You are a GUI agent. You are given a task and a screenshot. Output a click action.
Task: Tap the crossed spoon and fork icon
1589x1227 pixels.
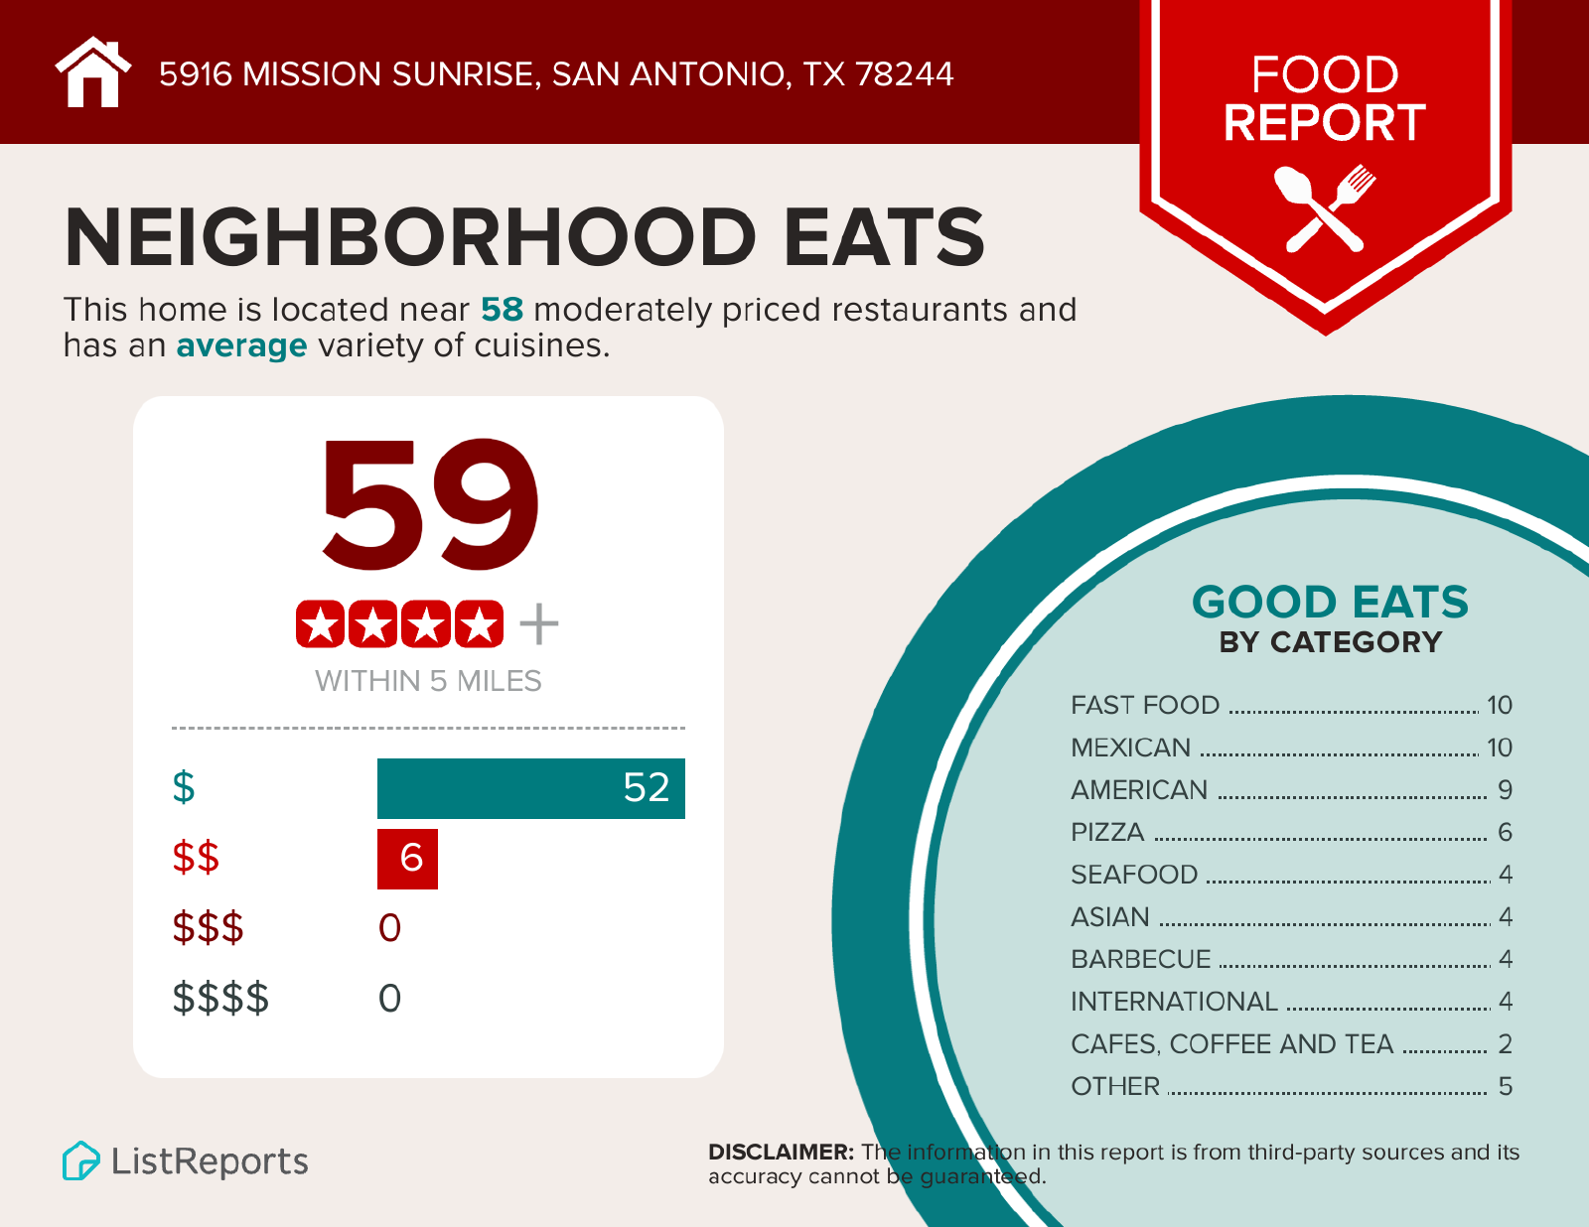pyautogui.click(x=1325, y=207)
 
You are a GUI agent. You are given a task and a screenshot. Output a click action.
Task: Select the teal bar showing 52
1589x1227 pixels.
pyautogui.click(x=530, y=788)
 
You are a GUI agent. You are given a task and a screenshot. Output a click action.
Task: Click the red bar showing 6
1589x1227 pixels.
pyautogui.click(x=407, y=858)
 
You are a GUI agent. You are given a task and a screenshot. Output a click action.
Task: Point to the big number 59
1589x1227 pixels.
pyautogui.click(x=429, y=505)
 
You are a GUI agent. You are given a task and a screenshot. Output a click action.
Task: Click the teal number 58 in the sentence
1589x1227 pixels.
pyautogui.click(x=502, y=310)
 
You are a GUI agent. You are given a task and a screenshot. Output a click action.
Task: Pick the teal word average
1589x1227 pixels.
pyautogui.click(x=241, y=345)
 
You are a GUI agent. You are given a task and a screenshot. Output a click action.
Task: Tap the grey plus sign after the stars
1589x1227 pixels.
pyautogui.click(x=538, y=624)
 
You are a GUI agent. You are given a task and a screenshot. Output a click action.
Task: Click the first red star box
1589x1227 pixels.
pyautogui.click(x=320, y=624)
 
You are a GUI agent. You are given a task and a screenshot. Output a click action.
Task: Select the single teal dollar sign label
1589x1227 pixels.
pyautogui.click(x=184, y=787)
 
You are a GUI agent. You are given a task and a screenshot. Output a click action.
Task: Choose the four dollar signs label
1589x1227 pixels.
pyautogui.click(x=220, y=998)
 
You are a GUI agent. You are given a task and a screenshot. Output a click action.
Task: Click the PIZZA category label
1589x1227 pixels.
pyautogui.click(x=1107, y=832)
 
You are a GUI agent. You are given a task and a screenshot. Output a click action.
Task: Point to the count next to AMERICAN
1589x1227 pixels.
pyautogui.click(x=1505, y=790)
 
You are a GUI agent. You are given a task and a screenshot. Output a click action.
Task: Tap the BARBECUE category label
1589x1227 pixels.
pyautogui.click(x=1140, y=959)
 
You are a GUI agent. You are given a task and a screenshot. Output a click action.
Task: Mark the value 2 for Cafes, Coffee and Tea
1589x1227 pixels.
pyautogui.click(x=1505, y=1044)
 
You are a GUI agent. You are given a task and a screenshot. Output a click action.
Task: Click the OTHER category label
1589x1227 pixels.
pyautogui.click(x=1114, y=1086)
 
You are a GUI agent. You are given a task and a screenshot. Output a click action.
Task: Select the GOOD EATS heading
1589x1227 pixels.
pyautogui.click(x=1330, y=603)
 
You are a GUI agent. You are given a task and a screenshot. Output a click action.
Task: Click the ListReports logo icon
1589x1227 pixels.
pyautogui.click(x=80, y=1160)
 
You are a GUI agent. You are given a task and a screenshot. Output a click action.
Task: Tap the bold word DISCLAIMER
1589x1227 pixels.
pyautogui.click(x=781, y=1152)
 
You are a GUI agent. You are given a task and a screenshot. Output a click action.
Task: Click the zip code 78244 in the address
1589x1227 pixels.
pyautogui.click(x=904, y=73)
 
